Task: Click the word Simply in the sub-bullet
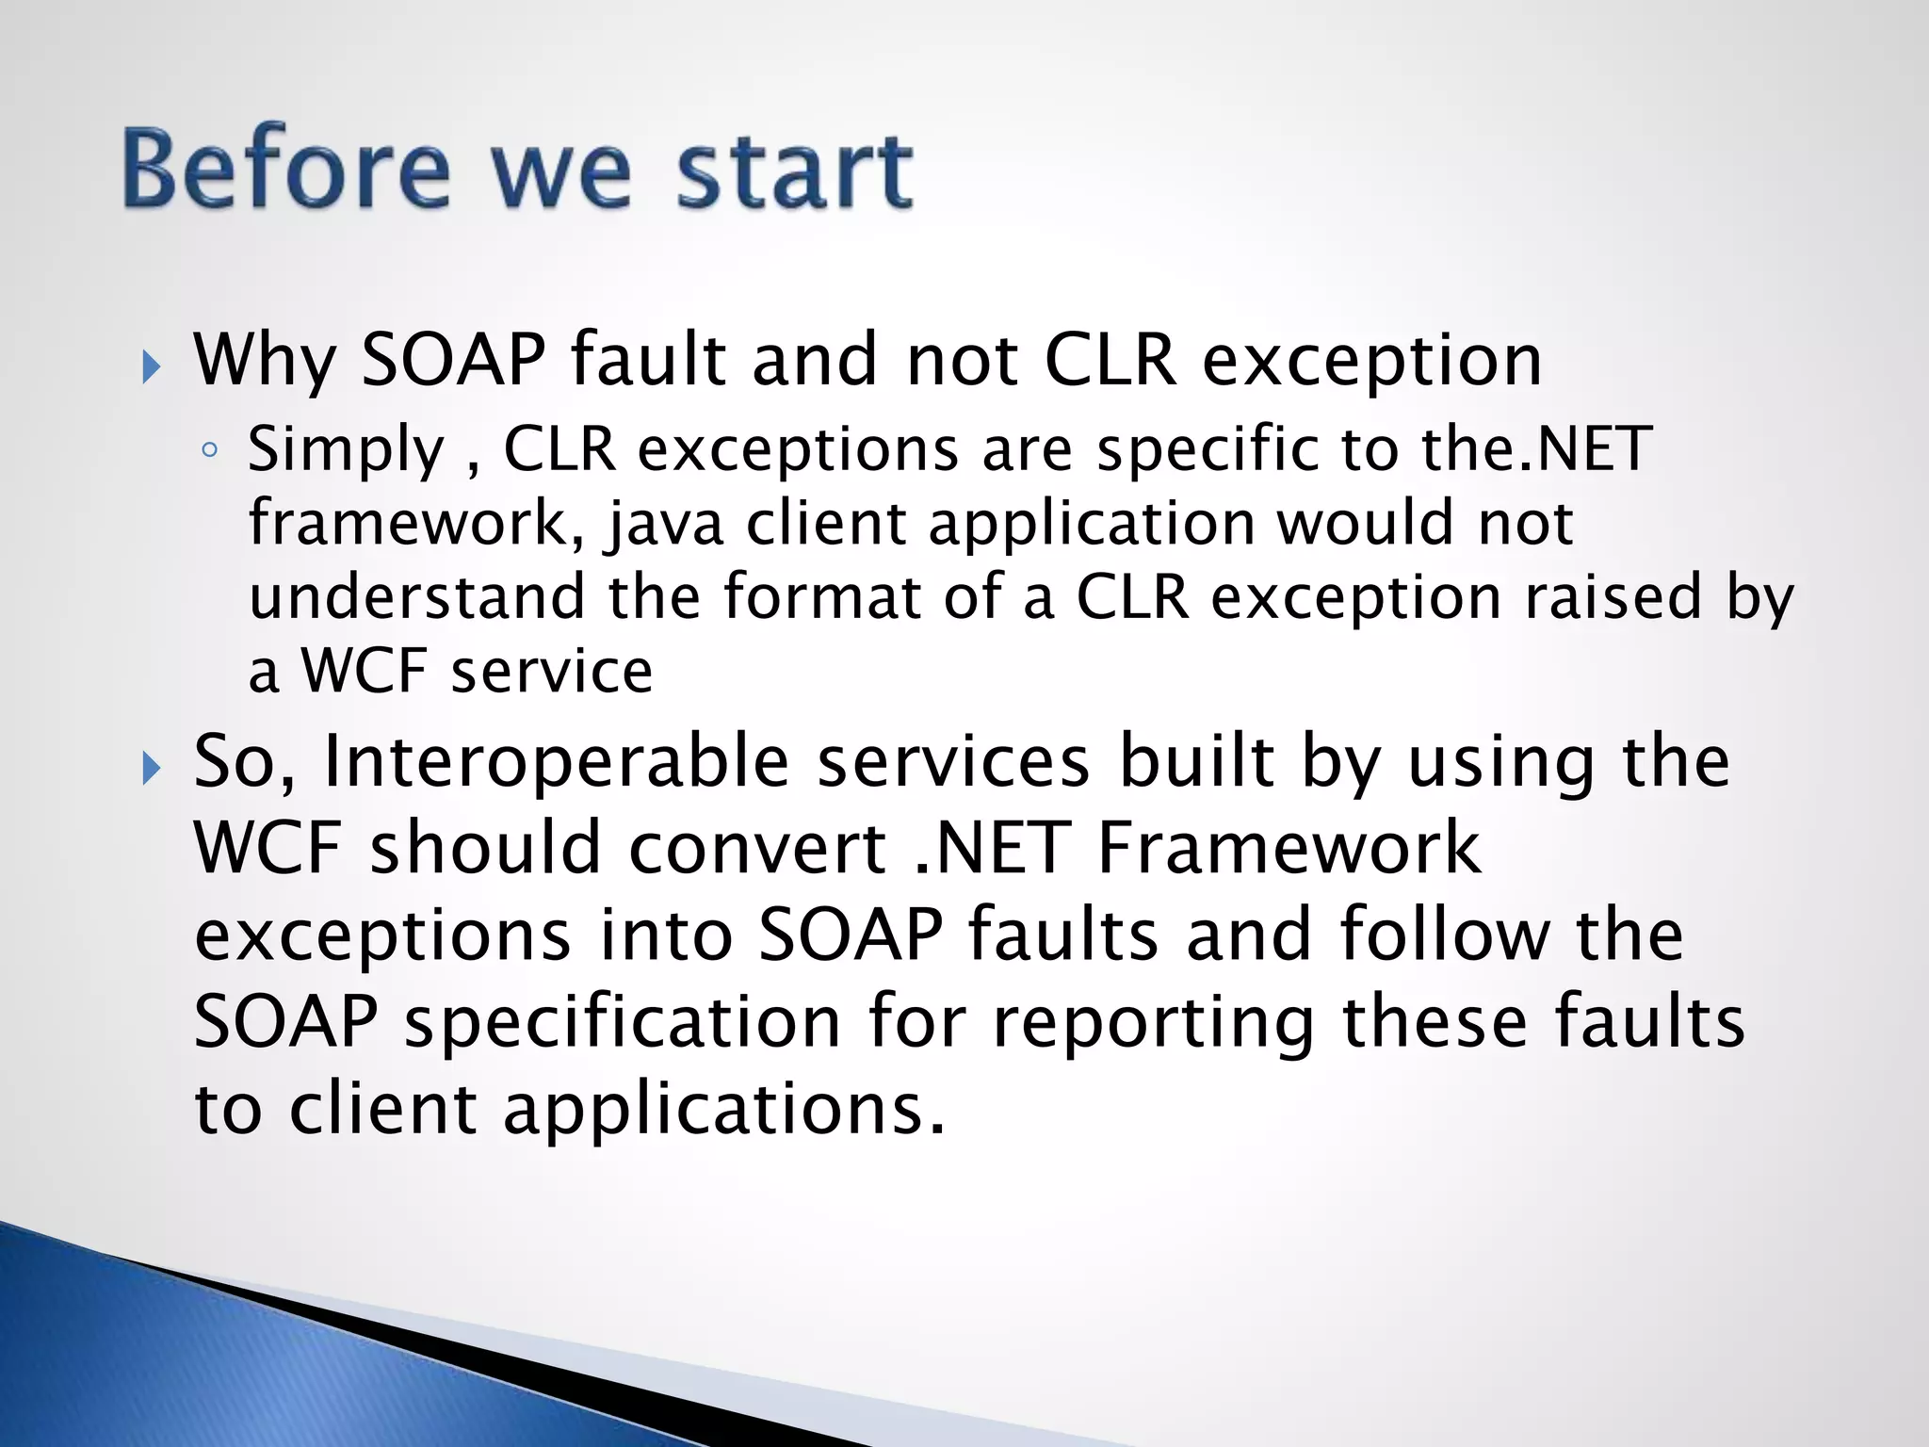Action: [345, 449]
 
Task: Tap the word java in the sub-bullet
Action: [667, 524]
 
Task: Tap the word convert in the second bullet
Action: [758, 847]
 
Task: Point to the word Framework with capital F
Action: [1289, 847]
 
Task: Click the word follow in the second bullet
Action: [1443, 935]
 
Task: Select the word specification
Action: [623, 1023]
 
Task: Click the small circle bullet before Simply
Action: [209, 451]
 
